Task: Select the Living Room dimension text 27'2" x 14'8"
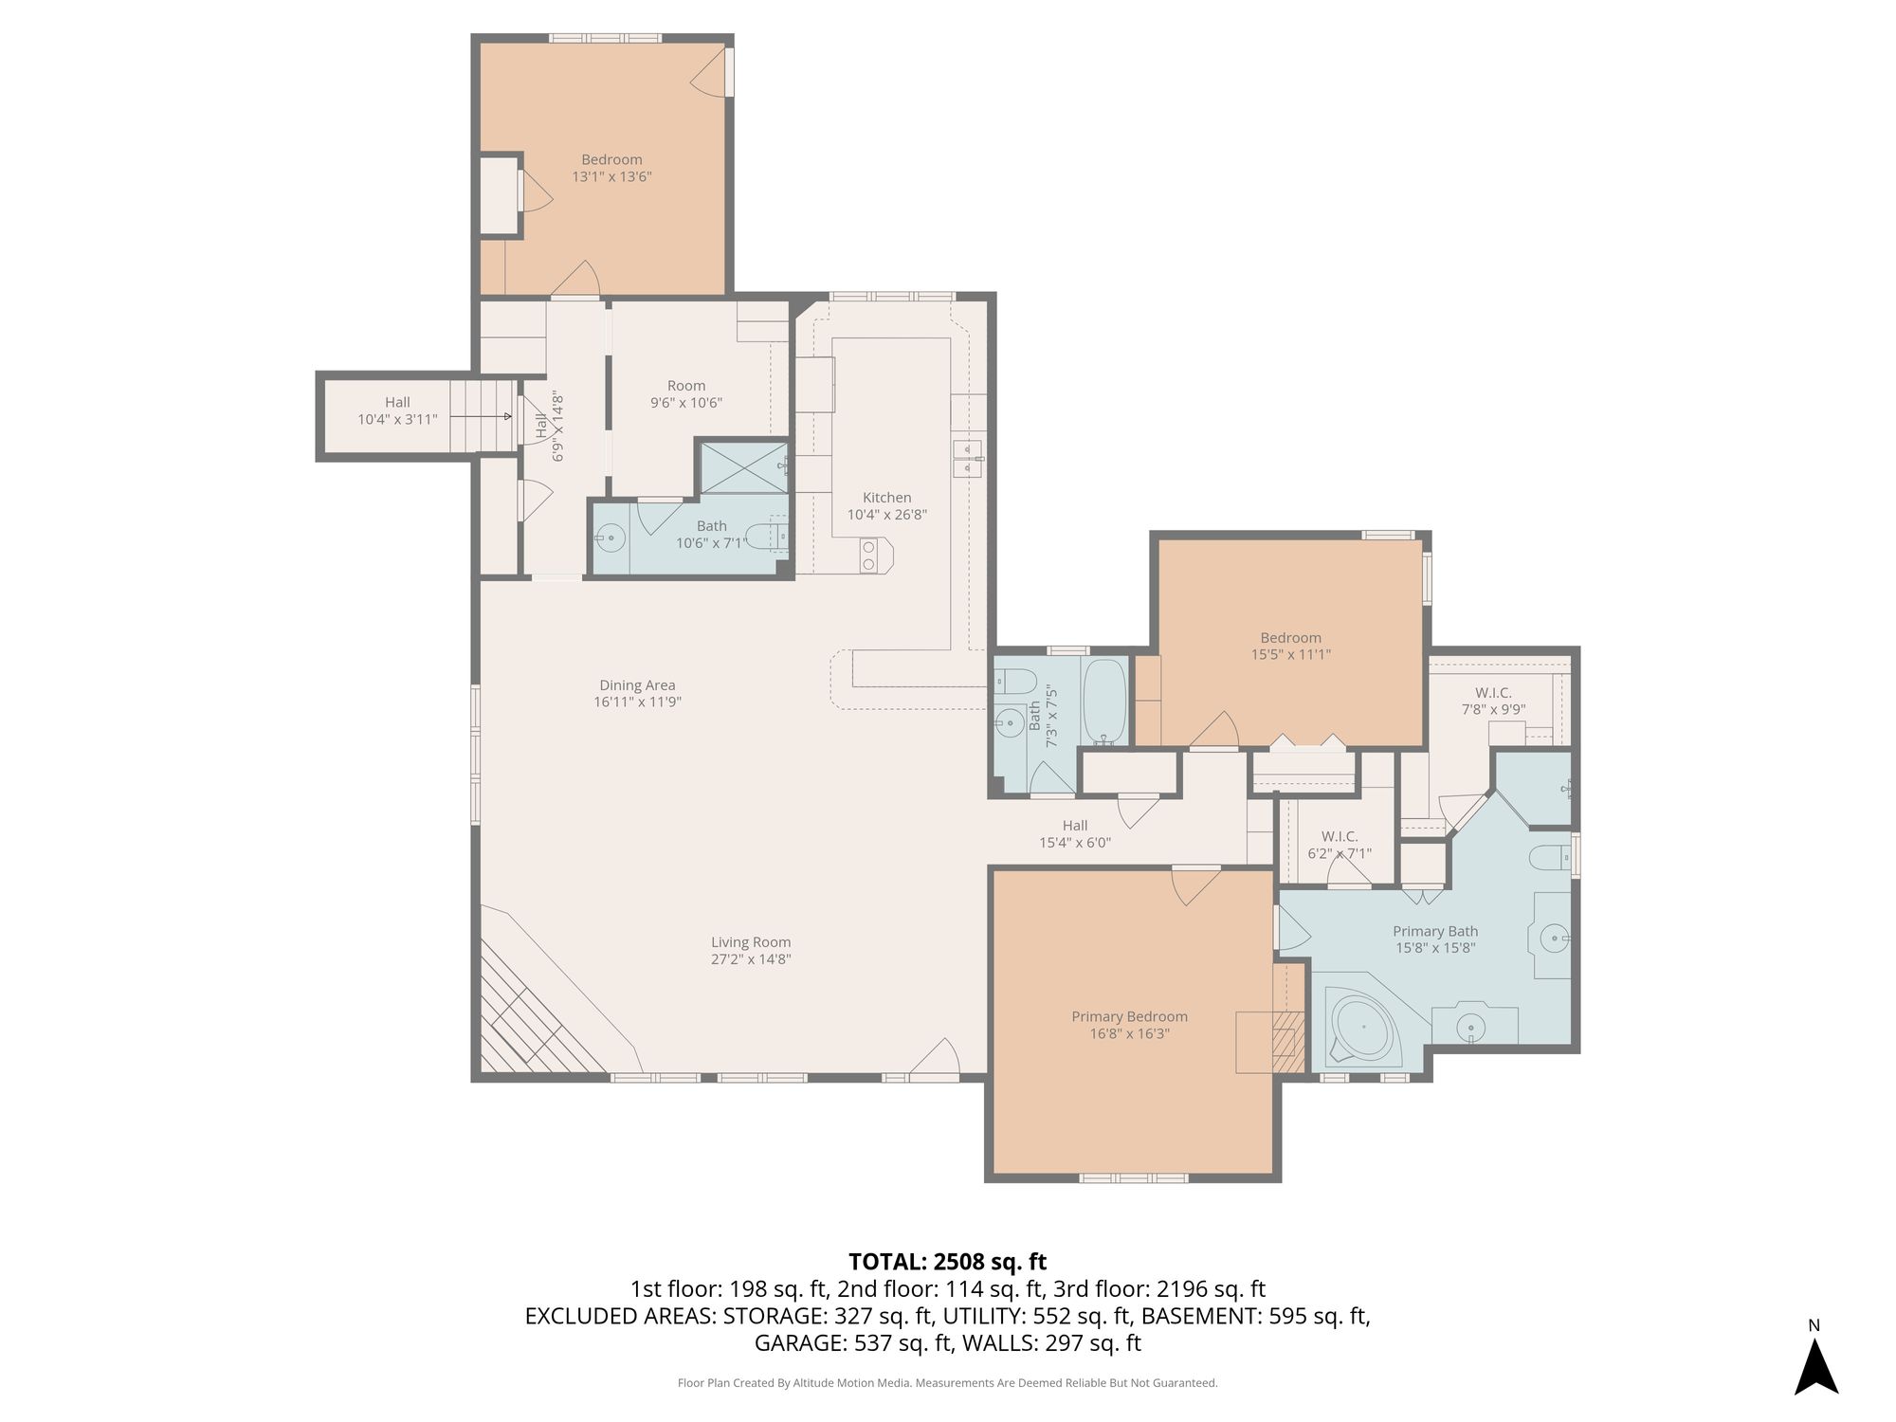click(751, 958)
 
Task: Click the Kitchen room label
click(886, 498)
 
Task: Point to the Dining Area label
click(637, 685)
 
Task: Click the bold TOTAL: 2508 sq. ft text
click(947, 1262)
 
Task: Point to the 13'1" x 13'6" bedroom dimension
click(611, 176)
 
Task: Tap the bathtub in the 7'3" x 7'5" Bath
click(1104, 702)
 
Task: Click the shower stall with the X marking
click(743, 467)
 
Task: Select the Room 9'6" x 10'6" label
click(686, 393)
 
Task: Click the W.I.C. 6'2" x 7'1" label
click(1340, 845)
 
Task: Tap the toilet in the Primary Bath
click(1551, 857)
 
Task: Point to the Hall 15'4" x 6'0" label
click(1075, 833)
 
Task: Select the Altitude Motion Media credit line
click(947, 1383)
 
